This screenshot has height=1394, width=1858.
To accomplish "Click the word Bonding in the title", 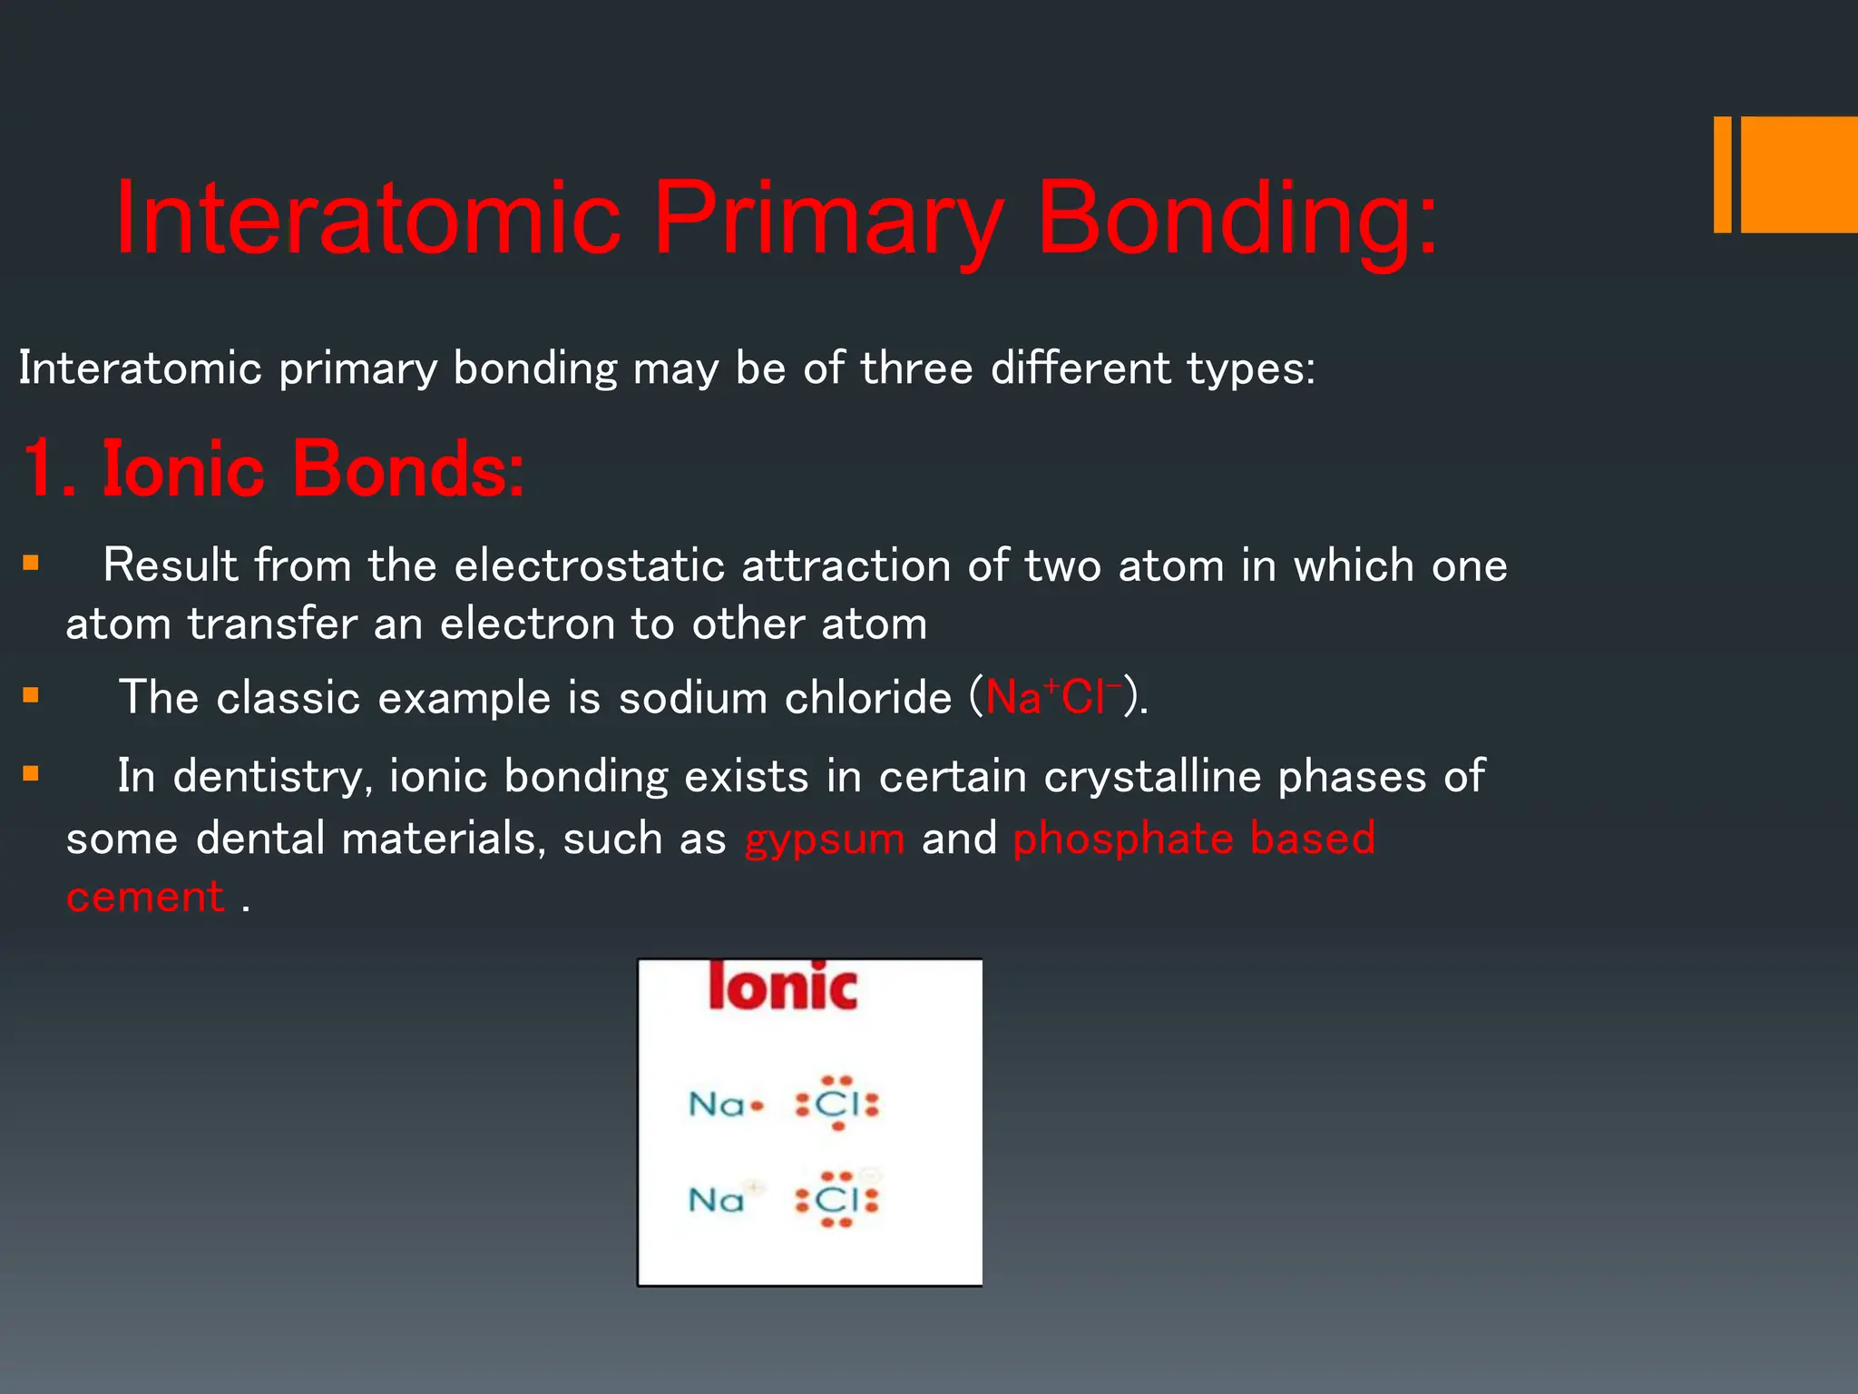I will tap(1236, 220).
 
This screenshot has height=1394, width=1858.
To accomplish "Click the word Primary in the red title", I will tap(827, 220).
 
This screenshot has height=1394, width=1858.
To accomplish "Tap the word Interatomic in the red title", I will tap(367, 220).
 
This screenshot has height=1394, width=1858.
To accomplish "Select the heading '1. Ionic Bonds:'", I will tap(272, 469).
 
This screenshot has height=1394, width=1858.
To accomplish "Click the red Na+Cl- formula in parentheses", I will tap(1052, 697).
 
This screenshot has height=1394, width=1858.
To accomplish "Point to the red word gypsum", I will tap(824, 839).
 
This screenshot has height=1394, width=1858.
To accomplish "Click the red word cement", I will tap(145, 898).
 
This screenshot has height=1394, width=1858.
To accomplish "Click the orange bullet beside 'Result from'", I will tap(32, 564).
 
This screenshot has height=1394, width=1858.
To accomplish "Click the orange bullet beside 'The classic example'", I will tap(32, 696).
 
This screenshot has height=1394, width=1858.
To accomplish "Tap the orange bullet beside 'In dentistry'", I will tap(32, 774).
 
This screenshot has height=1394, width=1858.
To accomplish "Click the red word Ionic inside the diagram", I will tap(782, 987).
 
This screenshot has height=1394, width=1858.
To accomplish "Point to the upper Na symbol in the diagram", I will tap(717, 1104).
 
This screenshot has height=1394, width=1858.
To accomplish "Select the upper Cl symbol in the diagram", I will tap(836, 1104).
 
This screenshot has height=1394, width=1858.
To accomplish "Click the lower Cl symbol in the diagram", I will tap(836, 1200).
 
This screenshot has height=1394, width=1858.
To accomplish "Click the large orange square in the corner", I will tap(1798, 174).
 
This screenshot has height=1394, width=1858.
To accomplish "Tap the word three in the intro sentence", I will tap(916, 368).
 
